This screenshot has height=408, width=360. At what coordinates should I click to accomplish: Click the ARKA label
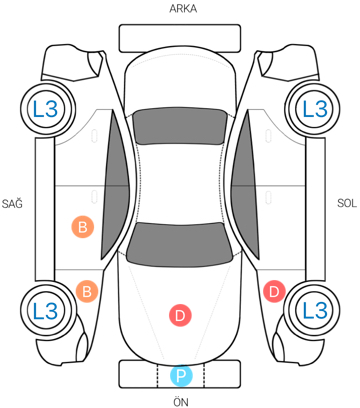183,8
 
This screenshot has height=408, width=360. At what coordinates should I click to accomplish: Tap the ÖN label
181,401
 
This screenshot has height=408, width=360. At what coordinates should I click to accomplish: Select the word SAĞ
12,203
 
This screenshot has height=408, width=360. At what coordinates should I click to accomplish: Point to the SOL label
347,203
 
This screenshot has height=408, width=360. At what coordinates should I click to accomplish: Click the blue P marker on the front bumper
181,376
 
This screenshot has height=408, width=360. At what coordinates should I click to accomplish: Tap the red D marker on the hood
180,315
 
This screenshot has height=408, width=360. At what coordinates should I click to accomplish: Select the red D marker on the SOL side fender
274,292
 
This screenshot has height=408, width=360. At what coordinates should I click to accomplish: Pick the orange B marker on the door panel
83,227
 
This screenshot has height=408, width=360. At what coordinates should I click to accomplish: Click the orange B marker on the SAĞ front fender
87,291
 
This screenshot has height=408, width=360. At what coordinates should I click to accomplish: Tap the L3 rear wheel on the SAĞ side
46,109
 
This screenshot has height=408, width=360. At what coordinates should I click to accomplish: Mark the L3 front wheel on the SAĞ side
46,310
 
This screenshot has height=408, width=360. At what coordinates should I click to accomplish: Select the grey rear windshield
180,127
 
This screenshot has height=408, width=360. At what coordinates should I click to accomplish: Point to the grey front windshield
180,244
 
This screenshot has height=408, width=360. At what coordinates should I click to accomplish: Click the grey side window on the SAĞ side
115,185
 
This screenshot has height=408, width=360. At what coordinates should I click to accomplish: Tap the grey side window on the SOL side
245,185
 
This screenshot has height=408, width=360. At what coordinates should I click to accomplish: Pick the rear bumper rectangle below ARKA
180,38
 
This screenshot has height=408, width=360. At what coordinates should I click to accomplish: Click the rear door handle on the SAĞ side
94,136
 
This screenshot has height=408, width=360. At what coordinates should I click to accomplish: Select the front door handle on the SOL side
268,197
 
